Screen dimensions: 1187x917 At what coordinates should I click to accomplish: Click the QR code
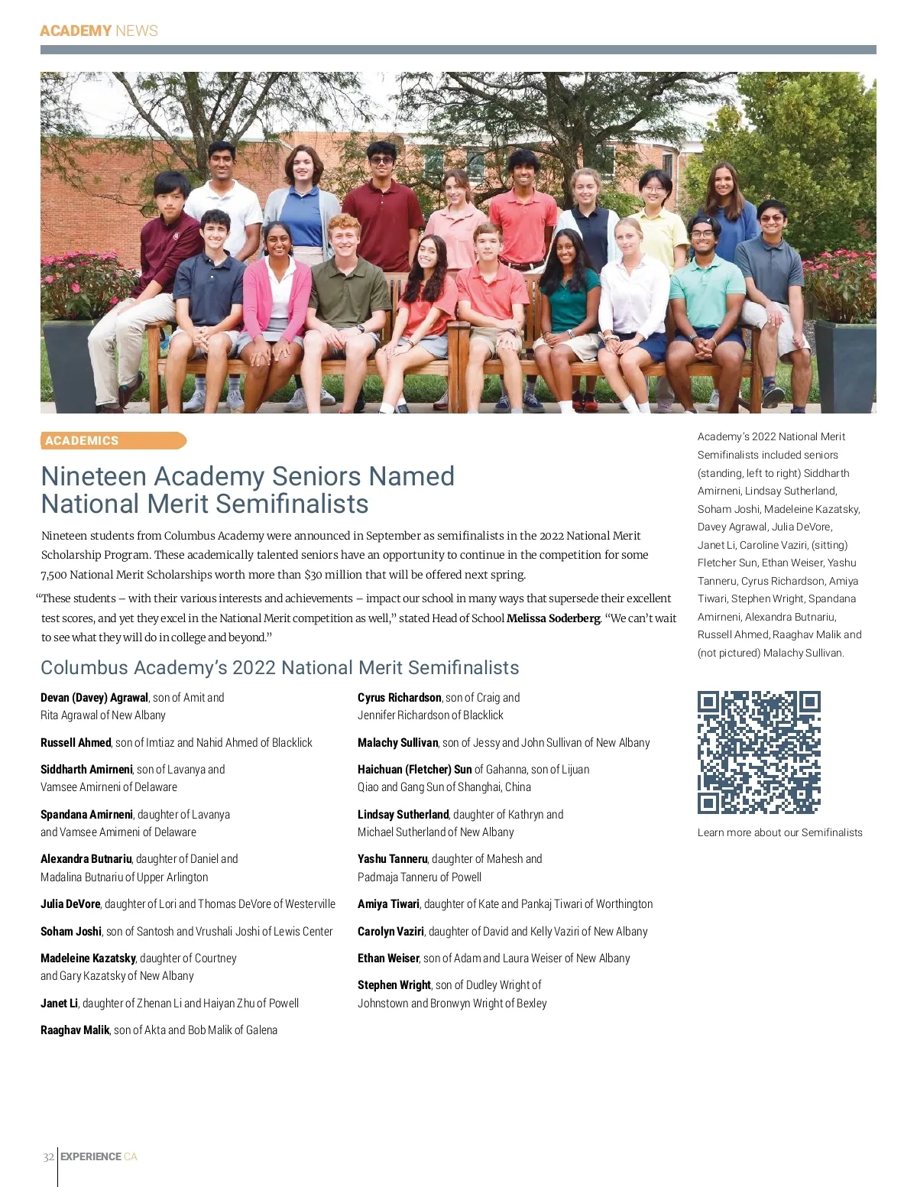758,752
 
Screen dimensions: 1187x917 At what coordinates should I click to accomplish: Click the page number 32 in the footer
48,1156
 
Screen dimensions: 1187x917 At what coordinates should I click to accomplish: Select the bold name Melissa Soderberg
553,618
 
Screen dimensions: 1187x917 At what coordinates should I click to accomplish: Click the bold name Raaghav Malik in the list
75,1030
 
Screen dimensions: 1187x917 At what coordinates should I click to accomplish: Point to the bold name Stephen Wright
394,985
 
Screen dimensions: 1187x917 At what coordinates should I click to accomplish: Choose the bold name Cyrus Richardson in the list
400,698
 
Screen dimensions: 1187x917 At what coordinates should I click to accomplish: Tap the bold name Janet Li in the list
59,1004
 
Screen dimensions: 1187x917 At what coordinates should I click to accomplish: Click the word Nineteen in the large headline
93,476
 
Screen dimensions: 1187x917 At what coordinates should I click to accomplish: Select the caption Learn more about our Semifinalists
779,832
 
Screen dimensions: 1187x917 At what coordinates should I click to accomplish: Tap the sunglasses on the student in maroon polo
381,161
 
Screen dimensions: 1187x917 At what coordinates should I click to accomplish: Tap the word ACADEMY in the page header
76,31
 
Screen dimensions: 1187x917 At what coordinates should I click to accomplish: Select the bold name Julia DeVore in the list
70,904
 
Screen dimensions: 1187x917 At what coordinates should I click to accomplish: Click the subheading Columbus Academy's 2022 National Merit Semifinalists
280,668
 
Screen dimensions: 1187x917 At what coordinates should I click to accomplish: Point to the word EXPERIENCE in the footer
90,1156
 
